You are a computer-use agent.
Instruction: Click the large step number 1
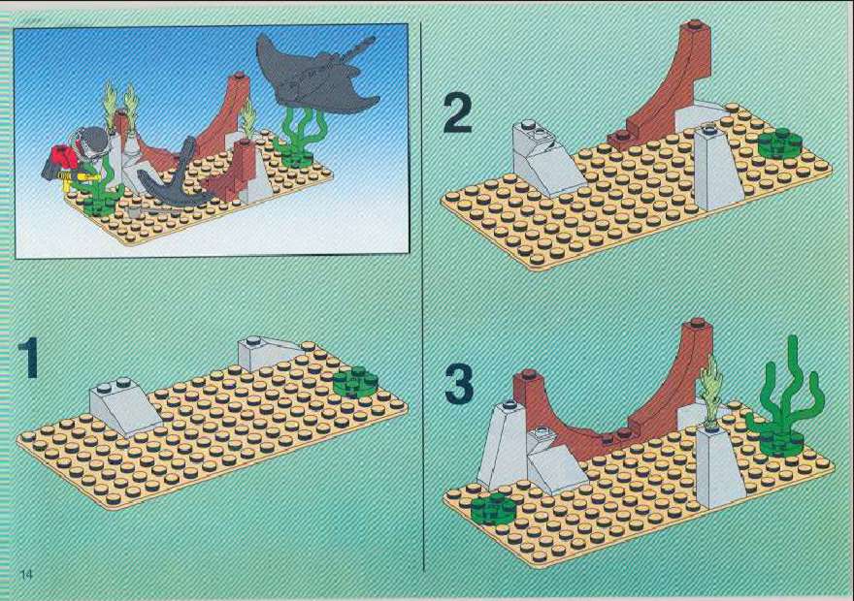(28, 357)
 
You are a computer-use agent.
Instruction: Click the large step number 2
(457, 113)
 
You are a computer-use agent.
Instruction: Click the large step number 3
(459, 384)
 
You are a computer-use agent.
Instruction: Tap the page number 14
(26, 574)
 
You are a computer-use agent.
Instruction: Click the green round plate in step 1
(355, 380)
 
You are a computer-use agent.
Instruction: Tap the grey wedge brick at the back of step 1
(268, 353)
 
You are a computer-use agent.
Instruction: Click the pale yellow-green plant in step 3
(710, 390)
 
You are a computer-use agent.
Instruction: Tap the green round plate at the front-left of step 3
(492, 509)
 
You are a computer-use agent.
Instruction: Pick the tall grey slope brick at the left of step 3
(500, 446)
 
